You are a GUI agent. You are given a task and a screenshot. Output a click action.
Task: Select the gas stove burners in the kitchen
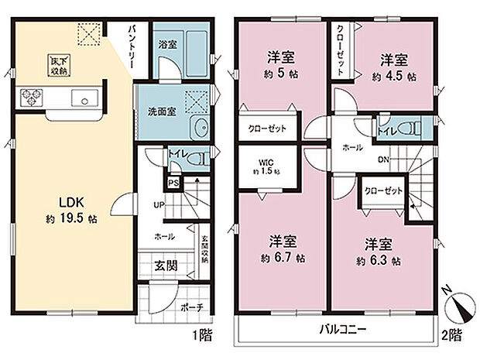(x=32, y=98)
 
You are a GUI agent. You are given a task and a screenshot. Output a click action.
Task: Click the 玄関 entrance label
(x=164, y=265)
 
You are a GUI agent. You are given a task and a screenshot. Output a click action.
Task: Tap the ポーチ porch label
(x=191, y=307)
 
